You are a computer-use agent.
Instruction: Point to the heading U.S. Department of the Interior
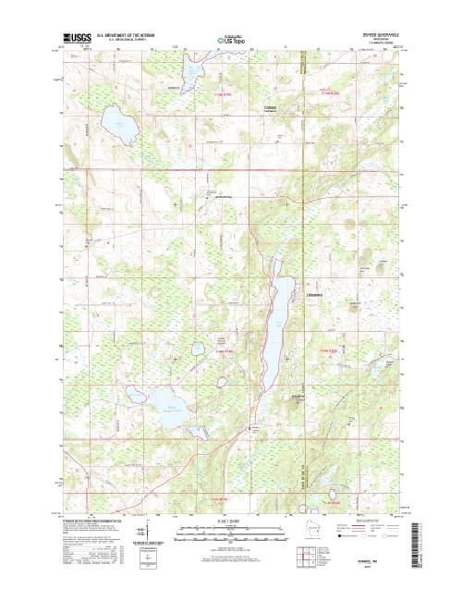[x=136, y=34]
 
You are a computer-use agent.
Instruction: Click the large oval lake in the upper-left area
[x=115, y=123]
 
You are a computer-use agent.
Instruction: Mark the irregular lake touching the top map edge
[x=191, y=73]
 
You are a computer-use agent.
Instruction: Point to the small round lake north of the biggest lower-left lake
[x=198, y=350]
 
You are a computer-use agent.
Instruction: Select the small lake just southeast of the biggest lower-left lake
[x=196, y=431]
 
